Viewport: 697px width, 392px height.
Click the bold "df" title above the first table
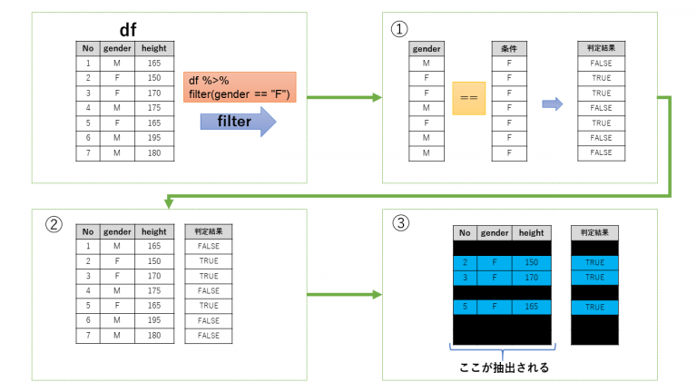point(127,29)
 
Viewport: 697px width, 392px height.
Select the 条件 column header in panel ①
point(508,48)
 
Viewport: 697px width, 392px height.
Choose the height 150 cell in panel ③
point(532,262)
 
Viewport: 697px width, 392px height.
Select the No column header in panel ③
point(464,232)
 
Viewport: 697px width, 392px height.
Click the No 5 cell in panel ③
point(464,307)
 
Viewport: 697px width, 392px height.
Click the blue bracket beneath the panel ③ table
point(502,350)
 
